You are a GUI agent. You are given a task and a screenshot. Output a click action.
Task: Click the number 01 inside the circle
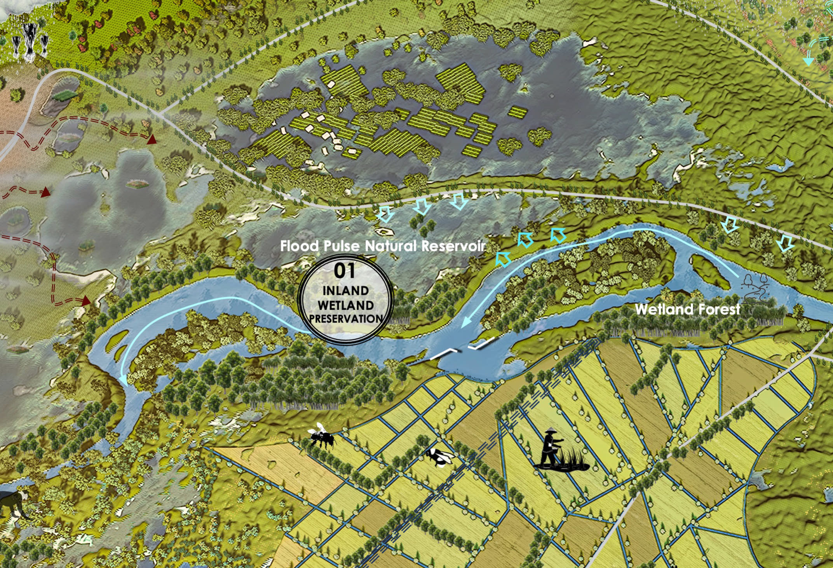coord(345,271)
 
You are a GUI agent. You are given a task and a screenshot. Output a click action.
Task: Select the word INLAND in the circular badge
coord(345,291)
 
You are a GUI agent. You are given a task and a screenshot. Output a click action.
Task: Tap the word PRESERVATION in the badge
coord(346,319)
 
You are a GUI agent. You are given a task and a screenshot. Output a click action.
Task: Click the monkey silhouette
coord(14,503)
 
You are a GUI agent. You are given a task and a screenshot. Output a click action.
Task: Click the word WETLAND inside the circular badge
coord(345,305)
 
